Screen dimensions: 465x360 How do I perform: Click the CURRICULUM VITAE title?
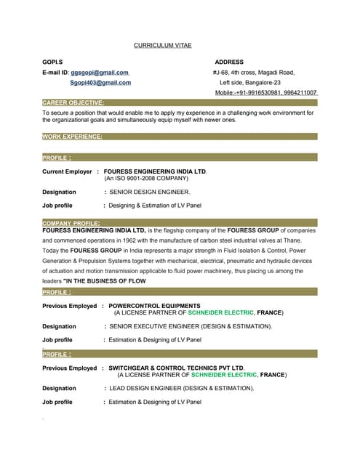tap(163, 45)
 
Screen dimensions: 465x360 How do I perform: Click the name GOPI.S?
tap(52, 62)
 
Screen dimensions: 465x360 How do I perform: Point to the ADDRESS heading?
tap(229, 62)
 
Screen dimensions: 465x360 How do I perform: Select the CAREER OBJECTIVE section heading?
tap(73, 103)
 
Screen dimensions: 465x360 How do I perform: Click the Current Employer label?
tap(67, 171)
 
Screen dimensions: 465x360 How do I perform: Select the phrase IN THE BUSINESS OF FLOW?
tap(106, 280)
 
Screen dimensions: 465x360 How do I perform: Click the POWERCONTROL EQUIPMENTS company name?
tap(154, 306)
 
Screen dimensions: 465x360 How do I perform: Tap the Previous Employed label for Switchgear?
tap(69, 368)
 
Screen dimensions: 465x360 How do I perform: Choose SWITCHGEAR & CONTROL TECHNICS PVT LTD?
tap(176, 368)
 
